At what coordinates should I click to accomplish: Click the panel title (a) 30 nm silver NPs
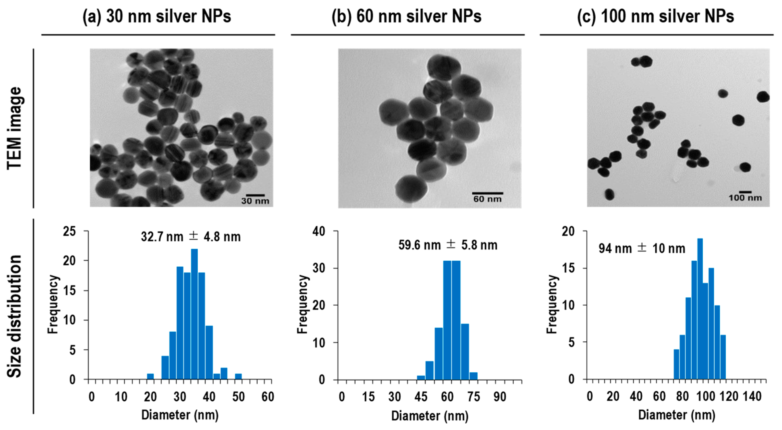[x=157, y=16]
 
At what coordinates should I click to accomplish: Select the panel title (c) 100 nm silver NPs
[x=655, y=16]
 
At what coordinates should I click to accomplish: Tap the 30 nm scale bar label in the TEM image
[x=255, y=201]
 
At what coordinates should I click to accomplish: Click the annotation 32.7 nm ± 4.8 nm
[x=191, y=237]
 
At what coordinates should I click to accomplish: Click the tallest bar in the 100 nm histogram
[x=700, y=309]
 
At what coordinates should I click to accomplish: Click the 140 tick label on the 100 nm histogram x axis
[x=753, y=396]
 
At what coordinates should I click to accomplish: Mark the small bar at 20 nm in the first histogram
[x=150, y=377]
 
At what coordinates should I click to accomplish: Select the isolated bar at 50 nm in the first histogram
[x=238, y=377]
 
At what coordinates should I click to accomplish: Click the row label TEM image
[x=14, y=128]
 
